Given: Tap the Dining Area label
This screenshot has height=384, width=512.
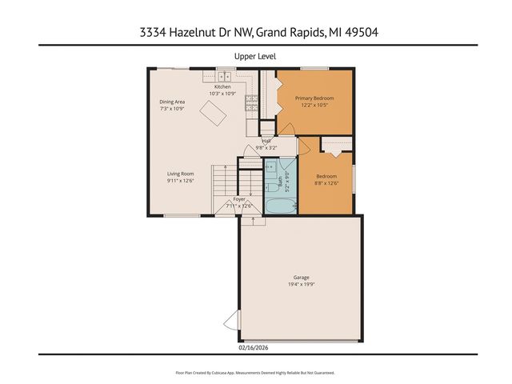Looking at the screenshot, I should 172,102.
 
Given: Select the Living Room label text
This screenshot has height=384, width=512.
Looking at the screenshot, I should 181,174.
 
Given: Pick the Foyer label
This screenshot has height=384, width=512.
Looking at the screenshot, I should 239,198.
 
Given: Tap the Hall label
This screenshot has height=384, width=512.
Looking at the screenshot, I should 266,141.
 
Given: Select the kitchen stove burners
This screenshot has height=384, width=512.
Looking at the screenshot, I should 250,102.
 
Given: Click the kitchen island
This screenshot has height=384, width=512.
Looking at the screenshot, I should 212,115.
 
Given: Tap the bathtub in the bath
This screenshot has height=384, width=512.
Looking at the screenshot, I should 279,207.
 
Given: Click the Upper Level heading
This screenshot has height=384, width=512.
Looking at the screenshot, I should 255,56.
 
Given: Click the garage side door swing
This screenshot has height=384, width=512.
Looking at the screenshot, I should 231,322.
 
